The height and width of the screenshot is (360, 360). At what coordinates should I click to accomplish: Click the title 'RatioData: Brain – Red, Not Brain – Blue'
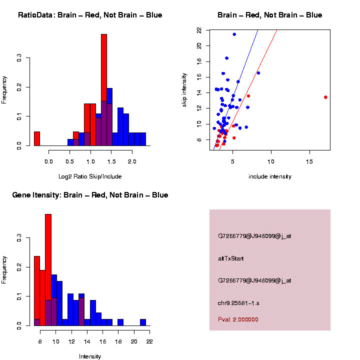pyautogui.click(x=90, y=15)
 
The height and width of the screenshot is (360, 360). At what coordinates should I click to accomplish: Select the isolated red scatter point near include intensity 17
pyautogui.click(x=325, y=97)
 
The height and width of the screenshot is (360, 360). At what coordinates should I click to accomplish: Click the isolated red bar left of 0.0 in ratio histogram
pyautogui.click(x=37, y=138)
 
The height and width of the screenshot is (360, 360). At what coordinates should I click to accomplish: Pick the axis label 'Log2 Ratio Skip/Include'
pyautogui.click(x=90, y=176)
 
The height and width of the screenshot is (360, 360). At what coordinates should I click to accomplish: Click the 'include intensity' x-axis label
pyautogui.click(x=270, y=176)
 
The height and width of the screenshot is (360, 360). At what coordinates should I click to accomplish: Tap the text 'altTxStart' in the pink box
pyautogui.click(x=230, y=258)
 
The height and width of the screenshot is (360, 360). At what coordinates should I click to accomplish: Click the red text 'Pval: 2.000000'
pyautogui.click(x=238, y=319)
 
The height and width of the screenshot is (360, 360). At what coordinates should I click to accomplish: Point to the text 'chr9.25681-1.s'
pyautogui.click(x=238, y=303)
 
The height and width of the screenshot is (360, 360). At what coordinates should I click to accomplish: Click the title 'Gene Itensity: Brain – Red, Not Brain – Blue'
pyautogui.click(x=90, y=195)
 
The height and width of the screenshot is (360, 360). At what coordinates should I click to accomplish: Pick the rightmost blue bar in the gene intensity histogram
pyautogui.click(x=143, y=322)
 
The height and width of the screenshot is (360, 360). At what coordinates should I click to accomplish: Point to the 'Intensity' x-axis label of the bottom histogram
pyautogui.click(x=90, y=356)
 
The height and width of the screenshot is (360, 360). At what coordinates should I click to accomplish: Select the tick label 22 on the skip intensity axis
pyautogui.click(x=199, y=30)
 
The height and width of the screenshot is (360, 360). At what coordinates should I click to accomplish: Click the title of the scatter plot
pyautogui.click(x=270, y=15)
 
